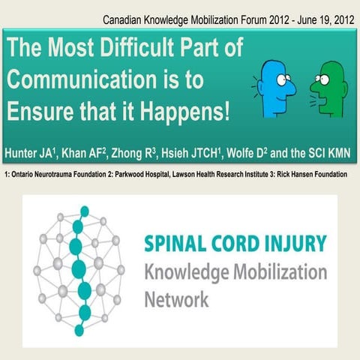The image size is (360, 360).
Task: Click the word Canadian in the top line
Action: click(x=126, y=17)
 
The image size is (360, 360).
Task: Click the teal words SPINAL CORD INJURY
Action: click(x=235, y=244)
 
